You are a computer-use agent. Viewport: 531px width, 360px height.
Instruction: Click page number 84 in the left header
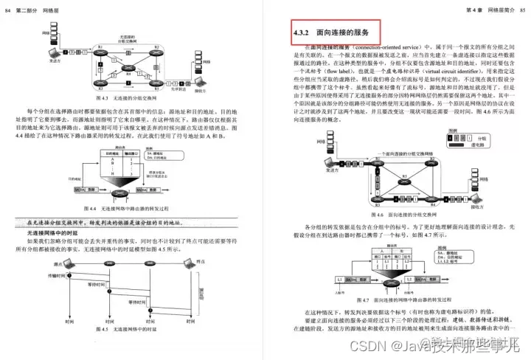point(8,7)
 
